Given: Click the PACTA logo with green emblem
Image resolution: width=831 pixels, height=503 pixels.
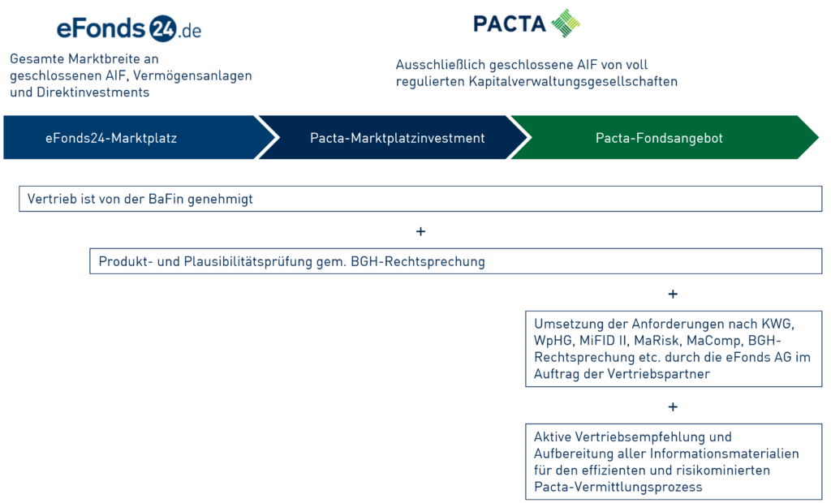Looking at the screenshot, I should tap(525, 23).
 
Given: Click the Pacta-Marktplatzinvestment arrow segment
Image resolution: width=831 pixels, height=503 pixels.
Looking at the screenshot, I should tap(397, 139).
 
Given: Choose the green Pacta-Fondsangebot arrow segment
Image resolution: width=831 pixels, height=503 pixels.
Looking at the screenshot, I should tap(659, 139).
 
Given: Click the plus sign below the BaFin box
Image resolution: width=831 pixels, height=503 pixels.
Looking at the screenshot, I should tap(420, 232).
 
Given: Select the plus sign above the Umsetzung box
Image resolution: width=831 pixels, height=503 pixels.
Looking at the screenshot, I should tap(673, 294).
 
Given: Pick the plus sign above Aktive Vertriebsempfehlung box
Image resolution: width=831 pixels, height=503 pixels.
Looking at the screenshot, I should tap(673, 406).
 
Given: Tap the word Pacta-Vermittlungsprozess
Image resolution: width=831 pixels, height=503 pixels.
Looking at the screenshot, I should tap(618, 487).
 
